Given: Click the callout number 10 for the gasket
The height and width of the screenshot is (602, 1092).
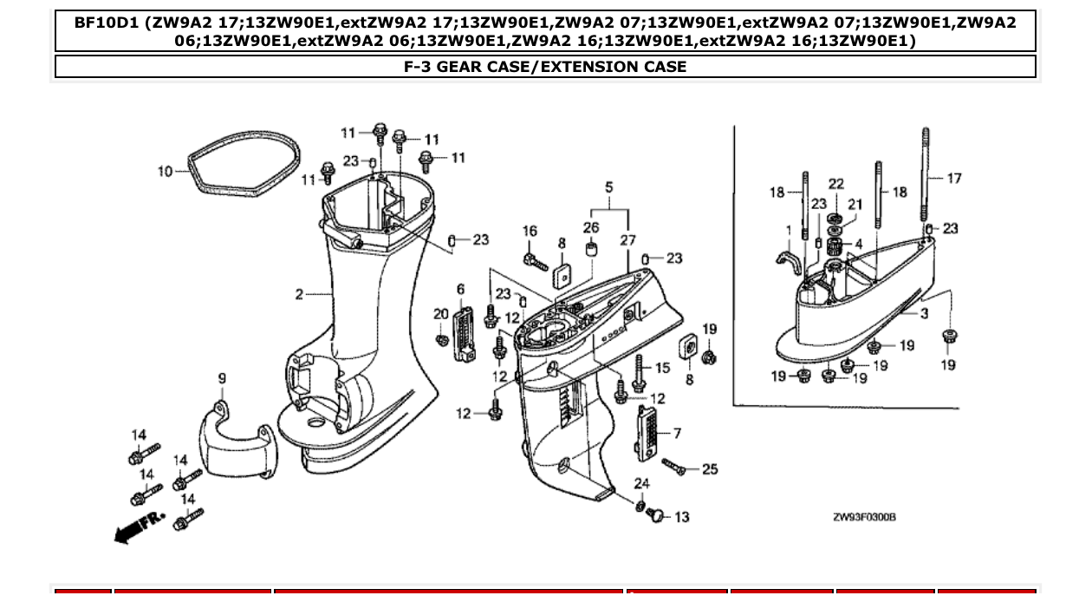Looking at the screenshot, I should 165,172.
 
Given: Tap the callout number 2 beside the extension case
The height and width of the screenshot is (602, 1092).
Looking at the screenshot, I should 299,295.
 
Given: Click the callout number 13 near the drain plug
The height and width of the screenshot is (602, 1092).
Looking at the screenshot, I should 681,517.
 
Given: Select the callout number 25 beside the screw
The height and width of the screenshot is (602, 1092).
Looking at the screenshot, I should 710,469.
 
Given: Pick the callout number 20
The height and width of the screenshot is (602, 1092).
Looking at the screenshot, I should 441,314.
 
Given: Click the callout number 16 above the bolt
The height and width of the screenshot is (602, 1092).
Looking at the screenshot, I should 530,232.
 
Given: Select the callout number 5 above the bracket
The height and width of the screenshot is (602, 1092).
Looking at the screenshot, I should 608,187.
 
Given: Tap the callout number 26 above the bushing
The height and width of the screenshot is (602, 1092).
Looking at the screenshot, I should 590,228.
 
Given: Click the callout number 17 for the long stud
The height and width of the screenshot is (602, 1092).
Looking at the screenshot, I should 954,179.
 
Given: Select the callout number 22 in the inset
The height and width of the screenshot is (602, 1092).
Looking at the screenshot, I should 835,184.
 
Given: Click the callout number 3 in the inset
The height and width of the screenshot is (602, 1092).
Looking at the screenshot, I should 924,313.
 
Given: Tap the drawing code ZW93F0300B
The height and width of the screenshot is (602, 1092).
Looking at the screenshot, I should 864,517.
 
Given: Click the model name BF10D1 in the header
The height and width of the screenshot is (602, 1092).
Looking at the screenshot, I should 107,23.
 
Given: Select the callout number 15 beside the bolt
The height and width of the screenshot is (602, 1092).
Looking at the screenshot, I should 663,368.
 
